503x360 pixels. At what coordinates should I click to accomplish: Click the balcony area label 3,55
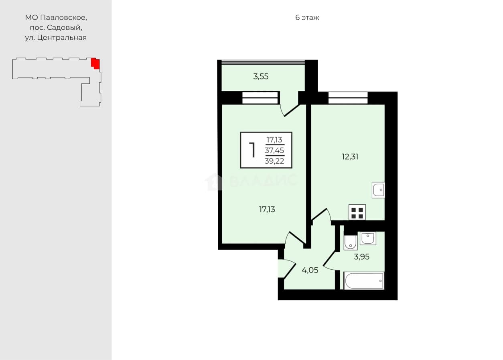point(261,77)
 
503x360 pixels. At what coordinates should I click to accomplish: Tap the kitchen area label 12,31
point(350,157)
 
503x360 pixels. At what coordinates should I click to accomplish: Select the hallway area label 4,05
point(310,270)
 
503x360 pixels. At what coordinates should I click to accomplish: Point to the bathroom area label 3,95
point(361,256)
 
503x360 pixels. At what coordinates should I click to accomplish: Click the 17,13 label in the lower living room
point(267,209)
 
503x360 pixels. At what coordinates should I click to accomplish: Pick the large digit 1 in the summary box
point(252,150)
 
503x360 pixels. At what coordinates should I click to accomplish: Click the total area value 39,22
point(274,161)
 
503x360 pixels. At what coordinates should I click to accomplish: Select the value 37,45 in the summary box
point(274,150)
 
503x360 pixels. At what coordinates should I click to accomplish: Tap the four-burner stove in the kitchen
point(357,212)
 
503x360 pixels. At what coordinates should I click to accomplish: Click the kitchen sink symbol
point(378,190)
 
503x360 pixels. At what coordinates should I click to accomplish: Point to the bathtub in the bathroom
point(364,281)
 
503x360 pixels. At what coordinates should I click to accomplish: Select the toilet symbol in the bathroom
point(350,242)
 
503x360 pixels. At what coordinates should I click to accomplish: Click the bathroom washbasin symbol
point(368,238)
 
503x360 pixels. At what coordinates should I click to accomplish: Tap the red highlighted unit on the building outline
point(95,63)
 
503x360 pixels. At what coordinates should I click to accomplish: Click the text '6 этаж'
point(307,18)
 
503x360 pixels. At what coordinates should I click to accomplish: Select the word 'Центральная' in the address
point(62,38)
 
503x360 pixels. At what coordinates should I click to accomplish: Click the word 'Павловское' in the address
point(63,18)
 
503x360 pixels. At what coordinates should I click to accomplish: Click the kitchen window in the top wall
point(348,98)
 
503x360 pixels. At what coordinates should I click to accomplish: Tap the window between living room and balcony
point(260,98)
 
